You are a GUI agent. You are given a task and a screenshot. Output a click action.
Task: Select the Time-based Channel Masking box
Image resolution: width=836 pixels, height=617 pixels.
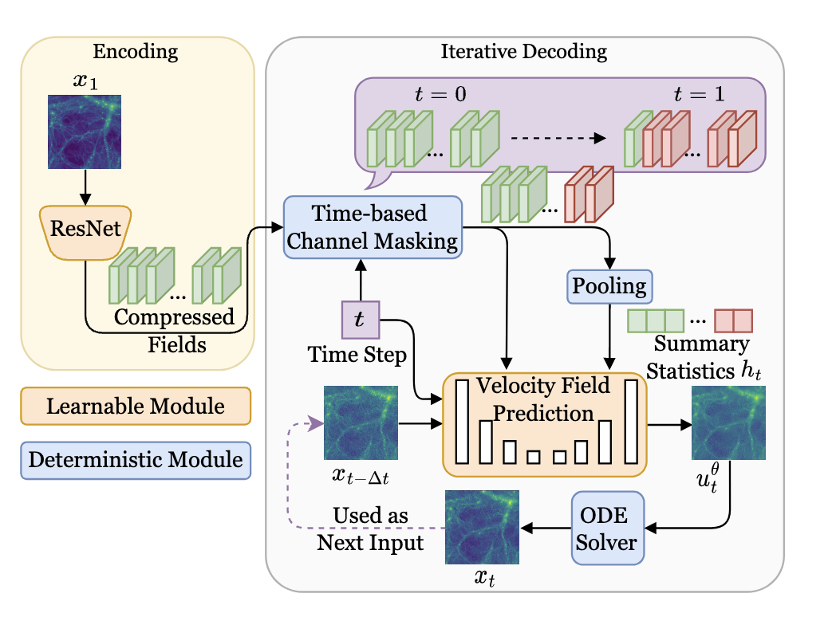pos(373,227)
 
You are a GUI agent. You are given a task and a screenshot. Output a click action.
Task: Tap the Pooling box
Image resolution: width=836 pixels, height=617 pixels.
pos(609,285)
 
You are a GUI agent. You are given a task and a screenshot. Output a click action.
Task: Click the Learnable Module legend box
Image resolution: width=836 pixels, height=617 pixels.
pos(136,407)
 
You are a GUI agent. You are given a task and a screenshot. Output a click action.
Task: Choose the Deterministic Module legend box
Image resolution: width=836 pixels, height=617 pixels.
pos(136,460)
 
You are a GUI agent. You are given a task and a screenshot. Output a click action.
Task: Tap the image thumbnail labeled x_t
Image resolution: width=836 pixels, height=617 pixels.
pos(482,527)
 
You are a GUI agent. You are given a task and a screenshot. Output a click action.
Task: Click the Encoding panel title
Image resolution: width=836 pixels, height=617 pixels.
pos(136,53)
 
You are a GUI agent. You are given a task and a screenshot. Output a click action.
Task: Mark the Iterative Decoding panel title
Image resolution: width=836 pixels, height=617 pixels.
pos(523,53)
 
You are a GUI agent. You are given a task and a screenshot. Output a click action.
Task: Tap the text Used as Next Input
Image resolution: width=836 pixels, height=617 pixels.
pos(370,529)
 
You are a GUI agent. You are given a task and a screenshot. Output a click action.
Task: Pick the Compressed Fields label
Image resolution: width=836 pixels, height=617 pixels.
pos(175,331)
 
